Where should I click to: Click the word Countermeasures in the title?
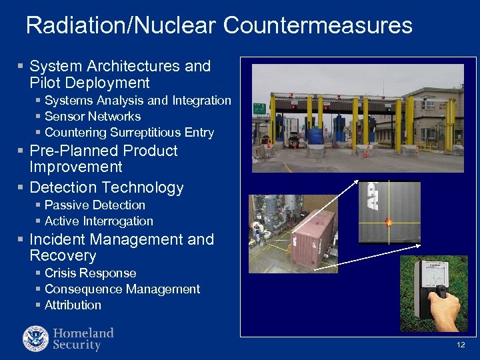click(x=318, y=25)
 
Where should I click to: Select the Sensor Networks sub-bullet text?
click(x=93, y=116)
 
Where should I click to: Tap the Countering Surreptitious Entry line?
click(x=129, y=132)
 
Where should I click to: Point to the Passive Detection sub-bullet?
click(x=95, y=205)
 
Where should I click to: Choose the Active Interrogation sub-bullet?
click(x=99, y=221)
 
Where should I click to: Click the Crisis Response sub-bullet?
click(x=90, y=273)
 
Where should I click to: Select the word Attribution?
click(x=73, y=305)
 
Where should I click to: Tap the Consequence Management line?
click(x=122, y=289)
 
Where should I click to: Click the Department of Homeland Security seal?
click(x=35, y=338)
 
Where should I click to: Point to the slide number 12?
click(x=461, y=345)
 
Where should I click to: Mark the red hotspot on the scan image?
click(x=389, y=222)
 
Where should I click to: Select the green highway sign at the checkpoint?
click(x=259, y=108)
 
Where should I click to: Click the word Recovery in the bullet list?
click(x=63, y=255)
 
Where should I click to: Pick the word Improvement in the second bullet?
click(x=76, y=167)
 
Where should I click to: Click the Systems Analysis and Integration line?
click(x=137, y=100)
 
